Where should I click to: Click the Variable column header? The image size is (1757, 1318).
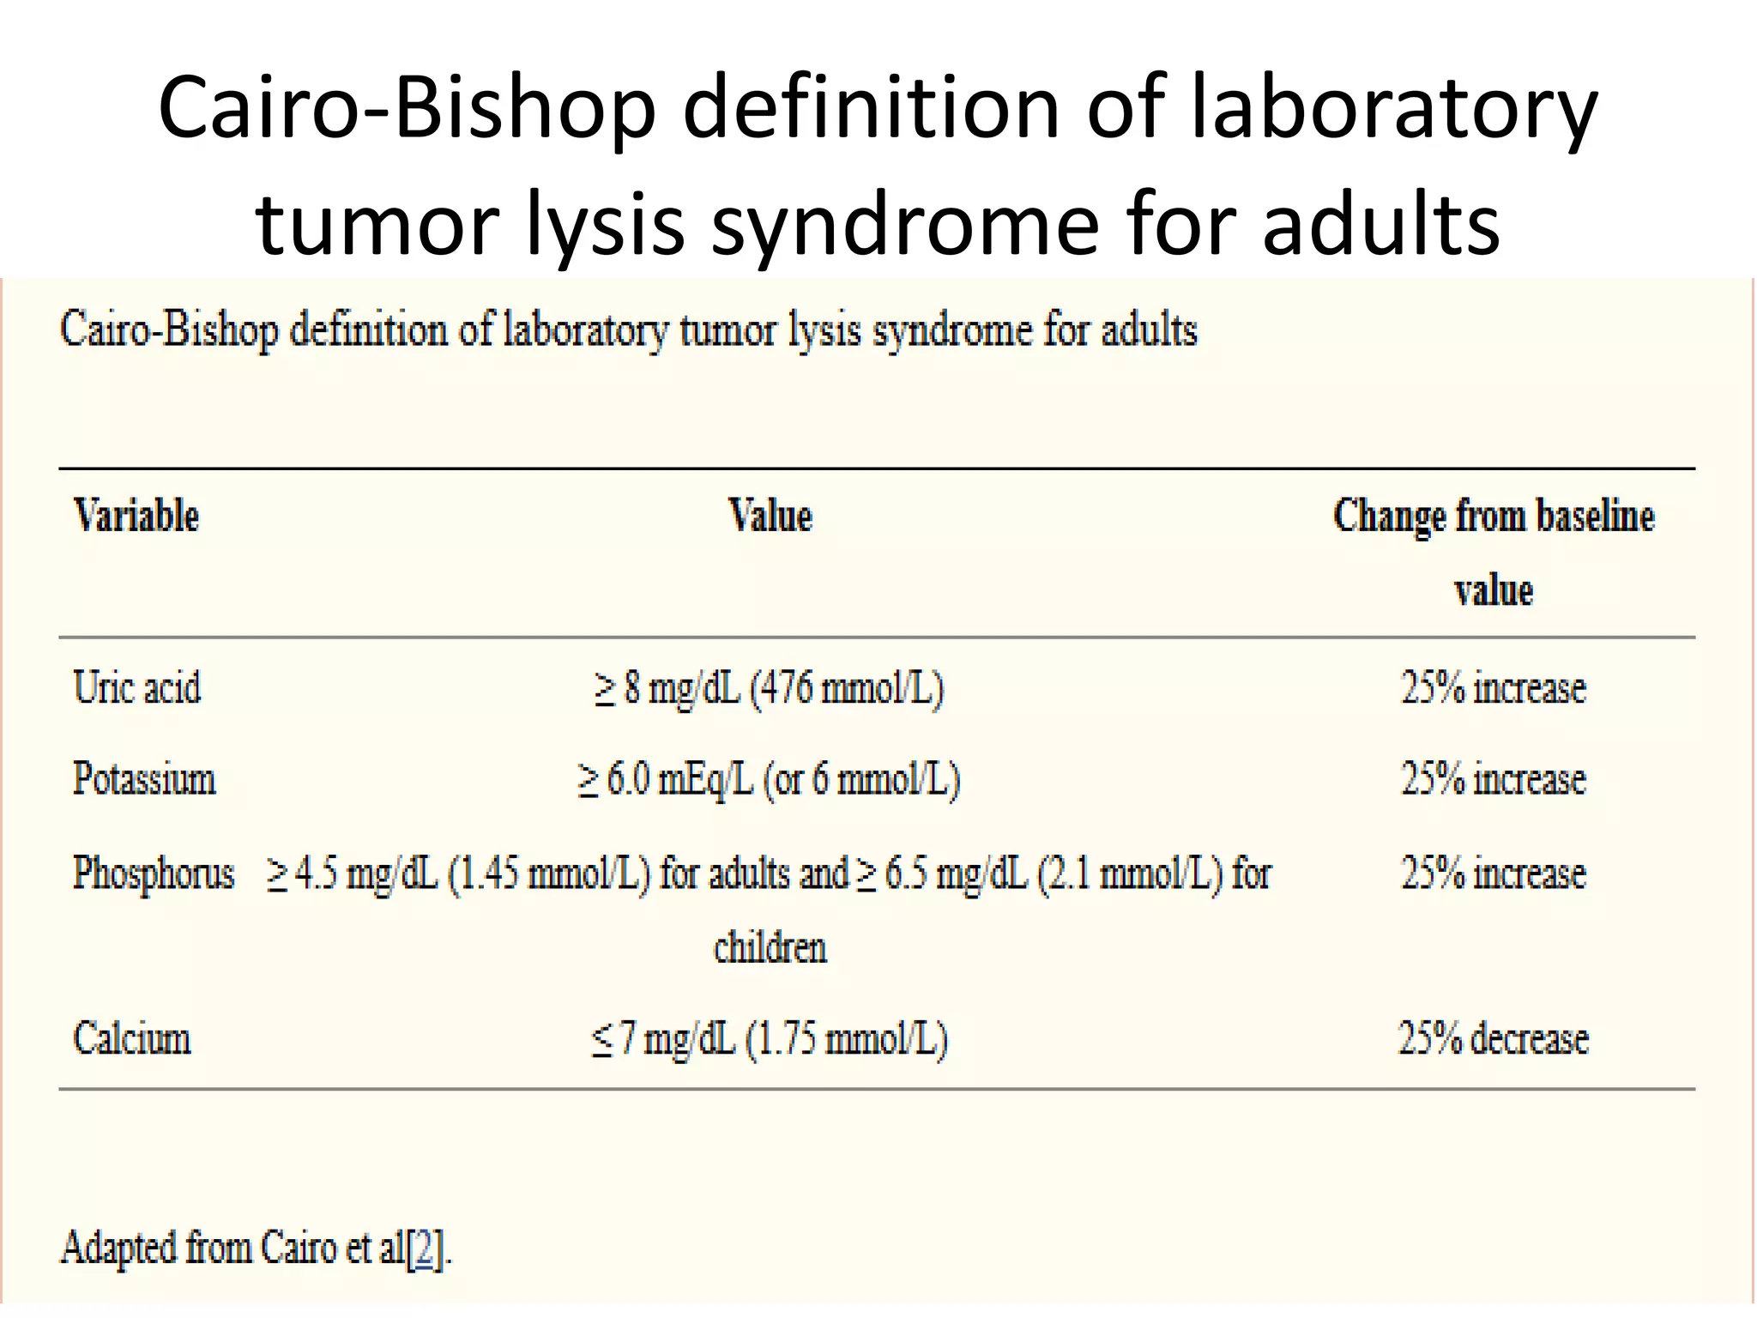(x=136, y=517)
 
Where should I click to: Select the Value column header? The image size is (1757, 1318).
(x=770, y=517)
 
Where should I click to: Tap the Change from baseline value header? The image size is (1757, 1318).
(x=1493, y=552)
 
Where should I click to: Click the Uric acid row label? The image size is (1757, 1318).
(x=137, y=688)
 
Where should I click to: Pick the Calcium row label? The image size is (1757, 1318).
(x=132, y=1038)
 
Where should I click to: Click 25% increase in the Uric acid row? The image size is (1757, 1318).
(x=1493, y=688)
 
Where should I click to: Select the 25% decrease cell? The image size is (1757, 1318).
(x=1493, y=1038)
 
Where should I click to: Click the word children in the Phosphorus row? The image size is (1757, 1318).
(x=770, y=948)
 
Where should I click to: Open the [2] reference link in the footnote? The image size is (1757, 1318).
(x=424, y=1249)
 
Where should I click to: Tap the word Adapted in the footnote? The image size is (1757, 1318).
(x=118, y=1249)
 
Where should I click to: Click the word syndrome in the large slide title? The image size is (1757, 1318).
(x=905, y=225)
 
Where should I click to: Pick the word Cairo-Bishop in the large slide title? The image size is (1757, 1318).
(x=407, y=108)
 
